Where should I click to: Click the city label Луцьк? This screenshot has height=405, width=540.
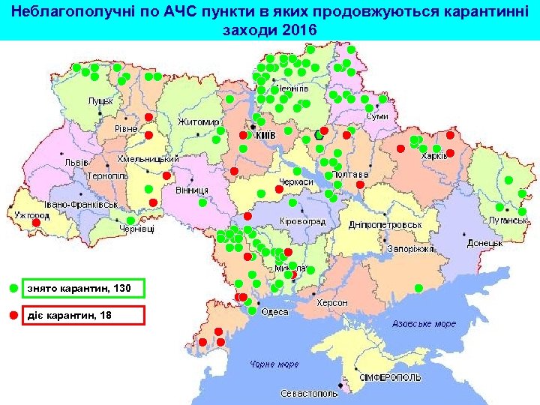[100, 100]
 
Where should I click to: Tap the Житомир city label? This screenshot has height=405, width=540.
[198, 121]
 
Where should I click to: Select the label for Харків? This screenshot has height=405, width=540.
[434, 156]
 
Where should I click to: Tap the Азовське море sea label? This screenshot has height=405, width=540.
[424, 324]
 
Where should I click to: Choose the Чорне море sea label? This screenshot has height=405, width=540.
[274, 364]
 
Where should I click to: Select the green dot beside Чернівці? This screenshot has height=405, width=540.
[130, 220]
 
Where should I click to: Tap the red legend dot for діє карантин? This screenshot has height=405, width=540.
[13, 315]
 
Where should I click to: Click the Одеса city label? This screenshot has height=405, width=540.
[274, 311]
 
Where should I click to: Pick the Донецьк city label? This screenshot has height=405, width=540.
[485, 243]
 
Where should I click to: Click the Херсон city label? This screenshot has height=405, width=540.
[332, 302]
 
